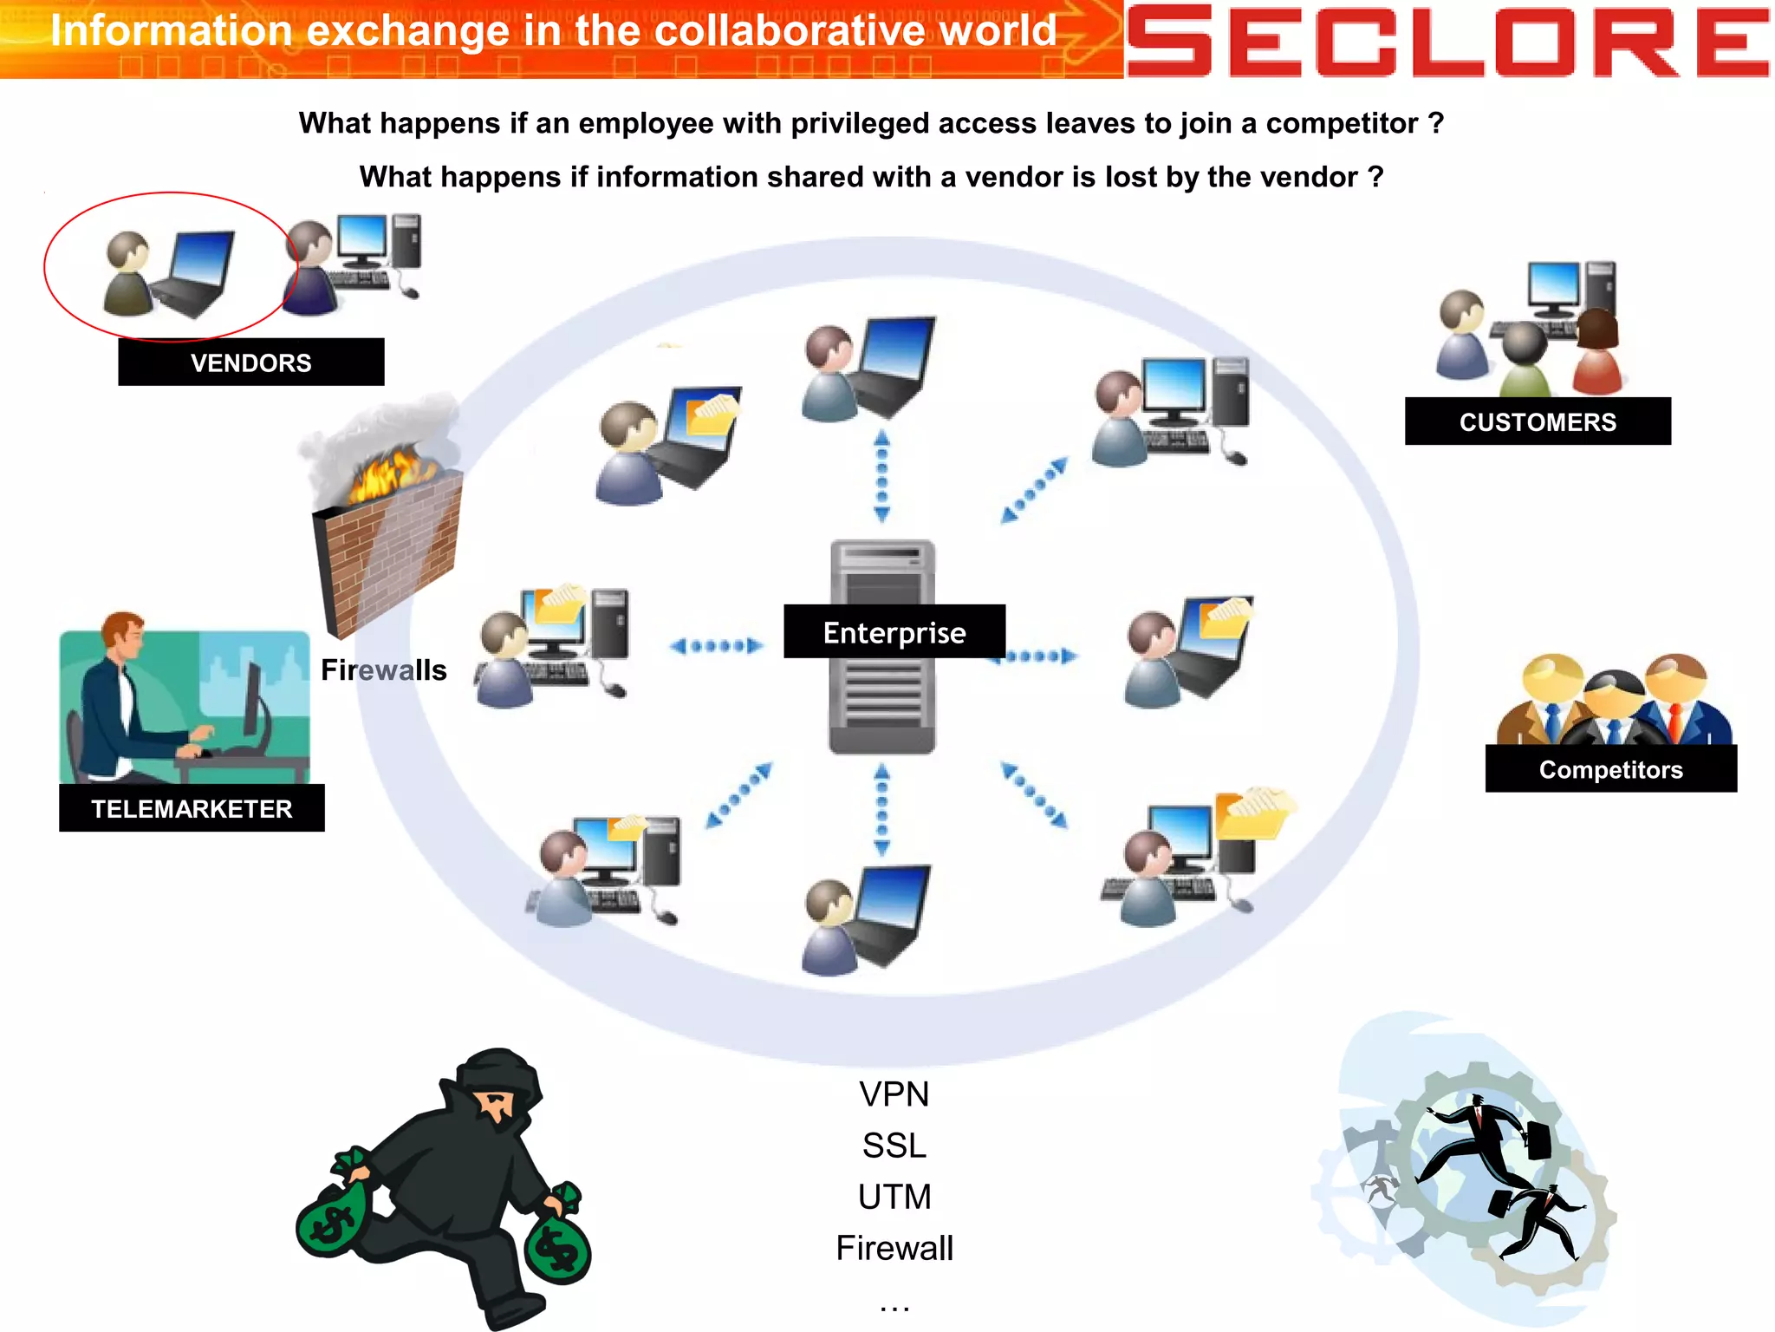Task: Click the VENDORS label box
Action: (250, 362)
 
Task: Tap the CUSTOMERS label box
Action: (1537, 421)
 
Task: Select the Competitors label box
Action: (1610, 769)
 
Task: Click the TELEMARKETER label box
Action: (192, 808)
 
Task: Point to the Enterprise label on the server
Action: (894, 632)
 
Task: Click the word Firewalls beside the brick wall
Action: (383, 670)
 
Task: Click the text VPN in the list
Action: (894, 1094)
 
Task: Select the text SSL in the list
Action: (894, 1146)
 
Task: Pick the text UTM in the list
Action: (894, 1197)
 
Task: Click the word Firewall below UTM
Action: (894, 1249)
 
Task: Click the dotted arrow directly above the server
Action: (881, 476)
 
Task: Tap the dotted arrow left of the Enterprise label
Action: (716, 645)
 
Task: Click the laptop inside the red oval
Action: (195, 273)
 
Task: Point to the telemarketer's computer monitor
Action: (254, 702)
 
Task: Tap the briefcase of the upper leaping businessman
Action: (1538, 1139)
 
